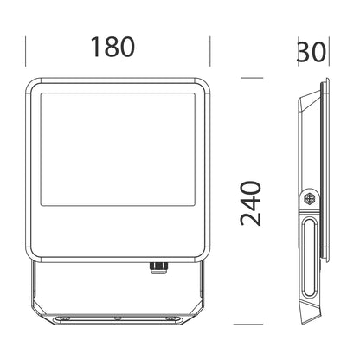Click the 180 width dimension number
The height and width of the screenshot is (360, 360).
[112, 47]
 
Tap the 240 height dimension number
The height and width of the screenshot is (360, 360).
[251, 203]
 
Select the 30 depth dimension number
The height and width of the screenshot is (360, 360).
[312, 52]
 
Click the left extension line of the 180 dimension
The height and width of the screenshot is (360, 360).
[26, 51]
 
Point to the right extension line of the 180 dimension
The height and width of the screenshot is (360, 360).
[210, 51]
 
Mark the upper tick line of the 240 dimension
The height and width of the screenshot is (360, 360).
[252, 78]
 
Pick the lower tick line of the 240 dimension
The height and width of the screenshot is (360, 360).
[248, 325]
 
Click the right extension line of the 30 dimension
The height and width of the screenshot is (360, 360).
[329, 51]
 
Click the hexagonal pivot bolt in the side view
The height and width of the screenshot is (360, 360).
[310, 198]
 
